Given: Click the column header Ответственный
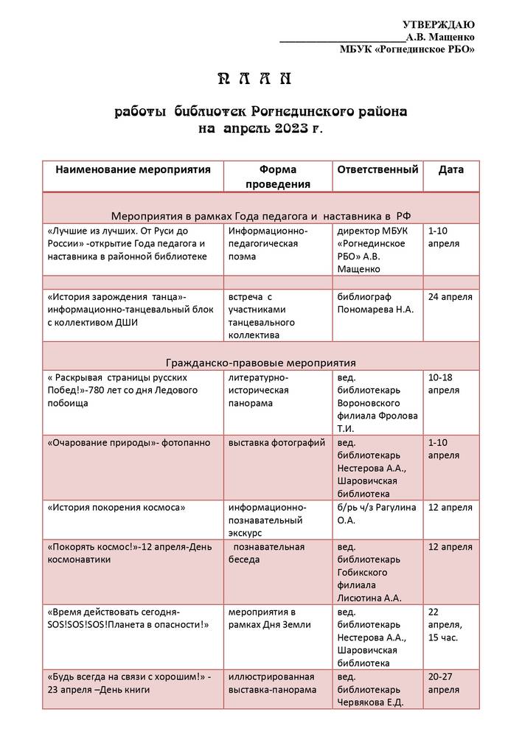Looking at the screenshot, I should click(377, 170).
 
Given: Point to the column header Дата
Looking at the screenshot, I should click(451, 170).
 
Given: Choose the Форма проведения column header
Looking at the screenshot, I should click(278, 177).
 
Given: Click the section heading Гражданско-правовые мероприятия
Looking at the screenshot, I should click(261, 363).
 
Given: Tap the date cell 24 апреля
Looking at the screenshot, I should click(450, 296).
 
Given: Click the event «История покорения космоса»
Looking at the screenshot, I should click(116, 507).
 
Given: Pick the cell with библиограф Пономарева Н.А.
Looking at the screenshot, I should click(375, 303).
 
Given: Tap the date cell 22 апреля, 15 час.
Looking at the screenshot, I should click(445, 625).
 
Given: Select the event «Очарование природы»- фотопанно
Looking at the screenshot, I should click(128, 443).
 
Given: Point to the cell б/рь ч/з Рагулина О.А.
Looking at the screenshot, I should click(376, 514).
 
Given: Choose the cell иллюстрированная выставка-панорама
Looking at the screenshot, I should click(273, 683).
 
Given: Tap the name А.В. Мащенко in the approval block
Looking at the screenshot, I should click(439, 37).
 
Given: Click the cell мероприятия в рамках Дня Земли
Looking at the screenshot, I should click(270, 618).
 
